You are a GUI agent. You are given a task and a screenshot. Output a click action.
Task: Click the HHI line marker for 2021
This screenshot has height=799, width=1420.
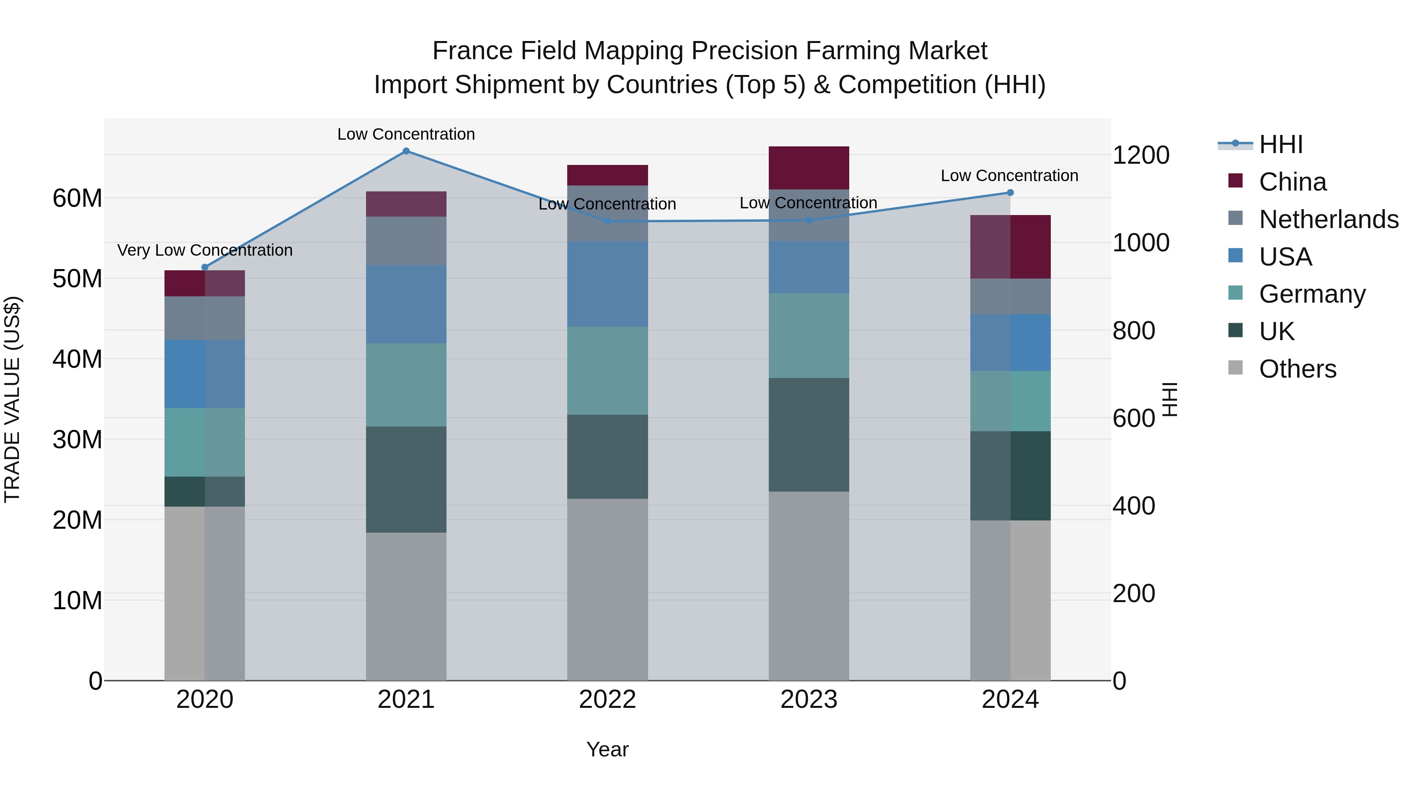(x=406, y=151)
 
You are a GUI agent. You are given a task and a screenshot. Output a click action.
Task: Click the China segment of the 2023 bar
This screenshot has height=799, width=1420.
(x=809, y=168)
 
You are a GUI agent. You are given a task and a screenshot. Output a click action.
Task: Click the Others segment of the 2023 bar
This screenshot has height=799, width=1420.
(x=809, y=586)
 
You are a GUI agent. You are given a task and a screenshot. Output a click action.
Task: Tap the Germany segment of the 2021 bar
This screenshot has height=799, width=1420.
(x=406, y=385)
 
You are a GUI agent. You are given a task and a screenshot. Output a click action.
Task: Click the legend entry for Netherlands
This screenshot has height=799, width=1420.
(x=1328, y=219)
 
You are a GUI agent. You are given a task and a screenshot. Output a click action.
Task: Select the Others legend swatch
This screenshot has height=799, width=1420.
(x=1235, y=368)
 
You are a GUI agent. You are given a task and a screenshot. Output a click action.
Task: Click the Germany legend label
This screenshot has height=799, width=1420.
(x=1312, y=294)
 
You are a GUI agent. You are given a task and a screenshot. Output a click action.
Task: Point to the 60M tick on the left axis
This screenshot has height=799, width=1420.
(x=77, y=198)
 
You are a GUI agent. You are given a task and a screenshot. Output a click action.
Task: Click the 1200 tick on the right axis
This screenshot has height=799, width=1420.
(x=1140, y=155)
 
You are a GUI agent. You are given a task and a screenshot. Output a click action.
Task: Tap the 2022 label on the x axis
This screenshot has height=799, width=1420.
(x=607, y=700)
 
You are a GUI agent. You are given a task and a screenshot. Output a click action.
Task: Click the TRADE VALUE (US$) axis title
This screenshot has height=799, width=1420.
(x=12, y=399)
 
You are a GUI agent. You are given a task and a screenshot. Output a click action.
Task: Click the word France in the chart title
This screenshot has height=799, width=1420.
(x=473, y=51)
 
